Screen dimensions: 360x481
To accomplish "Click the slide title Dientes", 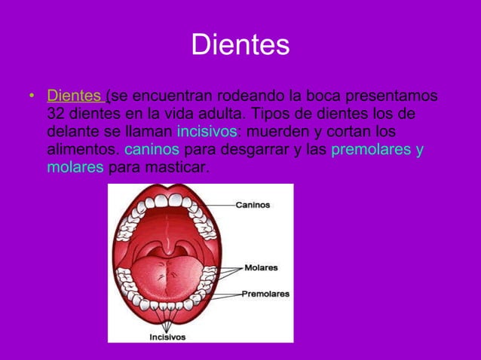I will click(x=240, y=44).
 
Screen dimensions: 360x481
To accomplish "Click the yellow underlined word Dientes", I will click(x=75, y=97).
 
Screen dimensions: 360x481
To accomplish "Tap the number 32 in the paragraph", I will click(x=56, y=114).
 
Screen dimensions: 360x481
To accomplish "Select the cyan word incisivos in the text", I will click(x=207, y=132).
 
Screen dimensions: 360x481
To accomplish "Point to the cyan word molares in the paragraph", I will click(x=75, y=166).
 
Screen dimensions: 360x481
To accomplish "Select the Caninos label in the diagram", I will click(x=253, y=204).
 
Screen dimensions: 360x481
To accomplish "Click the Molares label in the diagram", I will click(x=261, y=267).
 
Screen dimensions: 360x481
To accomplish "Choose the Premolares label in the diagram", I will click(x=265, y=294).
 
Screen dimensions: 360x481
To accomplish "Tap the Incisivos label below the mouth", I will click(x=167, y=337).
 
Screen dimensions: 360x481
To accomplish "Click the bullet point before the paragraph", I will click(x=31, y=98).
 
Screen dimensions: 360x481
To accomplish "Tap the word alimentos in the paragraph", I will click(x=81, y=149).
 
